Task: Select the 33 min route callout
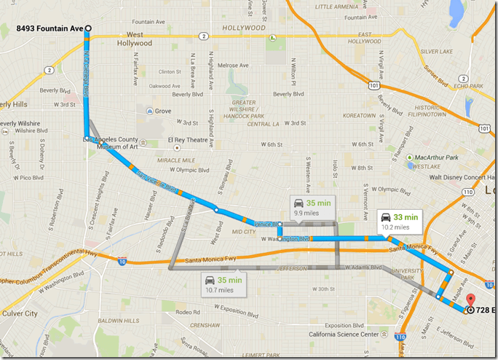click(x=399, y=221)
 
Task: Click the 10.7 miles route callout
click(x=224, y=283)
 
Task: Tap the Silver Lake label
click(x=436, y=52)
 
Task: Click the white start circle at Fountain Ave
click(x=88, y=28)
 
